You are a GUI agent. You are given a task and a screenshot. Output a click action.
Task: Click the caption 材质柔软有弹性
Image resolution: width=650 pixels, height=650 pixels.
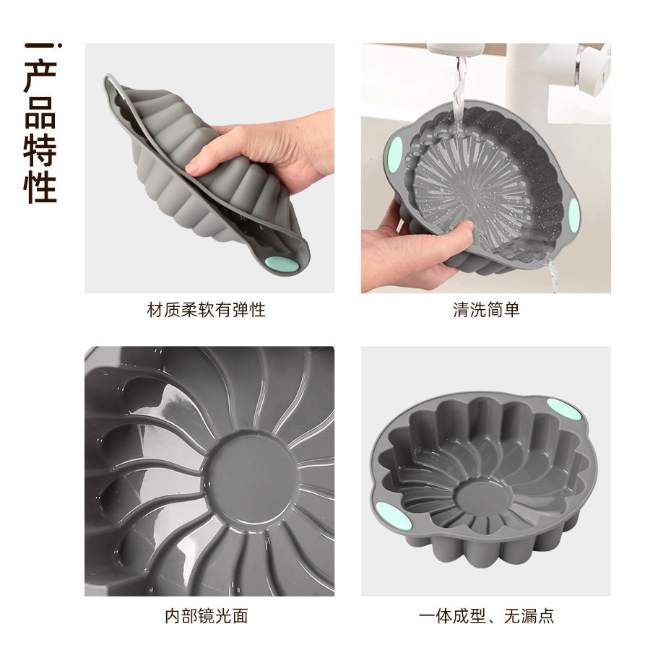pyautogui.click(x=206, y=310)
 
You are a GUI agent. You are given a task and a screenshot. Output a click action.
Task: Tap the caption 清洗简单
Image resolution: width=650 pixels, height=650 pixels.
pyautogui.click(x=486, y=310)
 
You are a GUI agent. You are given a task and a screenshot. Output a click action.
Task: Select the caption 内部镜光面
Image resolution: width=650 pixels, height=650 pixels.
pyautogui.click(x=206, y=616)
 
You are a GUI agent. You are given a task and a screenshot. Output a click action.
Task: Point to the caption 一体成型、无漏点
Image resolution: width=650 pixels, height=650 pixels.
pyautogui.click(x=486, y=616)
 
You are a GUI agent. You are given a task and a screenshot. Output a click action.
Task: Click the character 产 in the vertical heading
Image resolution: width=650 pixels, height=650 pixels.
pyautogui.click(x=40, y=77)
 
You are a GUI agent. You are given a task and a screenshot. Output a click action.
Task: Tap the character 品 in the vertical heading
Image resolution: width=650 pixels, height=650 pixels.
pyautogui.click(x=40, y=113)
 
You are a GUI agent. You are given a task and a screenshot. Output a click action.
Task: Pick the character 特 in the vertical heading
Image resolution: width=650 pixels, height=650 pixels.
pyautogui.click(x=40, y=149)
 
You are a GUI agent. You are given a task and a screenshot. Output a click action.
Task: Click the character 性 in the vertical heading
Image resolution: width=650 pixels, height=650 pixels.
pyautogui.click(x=40, y=186)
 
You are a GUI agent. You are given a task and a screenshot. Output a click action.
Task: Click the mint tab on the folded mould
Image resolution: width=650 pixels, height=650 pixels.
pyautogui.click(x=282, y=264)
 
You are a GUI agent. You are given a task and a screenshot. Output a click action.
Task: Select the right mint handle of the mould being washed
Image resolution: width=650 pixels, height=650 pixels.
pyautogui.click(x=574, y=215)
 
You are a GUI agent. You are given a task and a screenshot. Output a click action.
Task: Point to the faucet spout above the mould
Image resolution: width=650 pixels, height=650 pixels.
pyautogui.click(x=456, y=49)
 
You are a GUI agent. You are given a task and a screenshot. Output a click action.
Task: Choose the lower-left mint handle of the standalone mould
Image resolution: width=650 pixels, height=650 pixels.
pyautogui.click(x=394, y=516)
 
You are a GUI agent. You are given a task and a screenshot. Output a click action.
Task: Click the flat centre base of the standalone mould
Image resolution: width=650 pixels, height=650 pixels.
pyautogui.click(x=483, y=498)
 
